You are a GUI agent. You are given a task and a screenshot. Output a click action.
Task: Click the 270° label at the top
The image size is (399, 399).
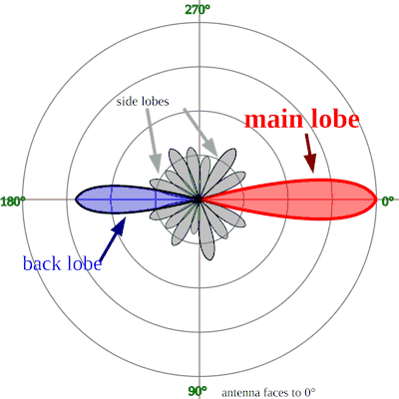point(198,9)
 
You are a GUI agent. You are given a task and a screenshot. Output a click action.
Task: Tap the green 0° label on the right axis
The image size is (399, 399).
point(388,200)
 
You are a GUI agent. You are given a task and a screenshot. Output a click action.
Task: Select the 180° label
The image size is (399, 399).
point(13,200)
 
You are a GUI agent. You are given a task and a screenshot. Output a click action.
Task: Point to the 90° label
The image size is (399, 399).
point(198,390)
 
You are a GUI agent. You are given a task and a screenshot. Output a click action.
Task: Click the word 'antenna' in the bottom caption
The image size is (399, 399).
point(242,392)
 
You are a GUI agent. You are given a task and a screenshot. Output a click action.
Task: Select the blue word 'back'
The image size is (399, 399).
point(43,263)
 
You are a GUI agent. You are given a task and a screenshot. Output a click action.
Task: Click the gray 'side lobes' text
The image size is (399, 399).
point(142,102)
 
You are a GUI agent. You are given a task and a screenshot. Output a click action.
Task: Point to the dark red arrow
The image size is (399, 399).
point(308,153)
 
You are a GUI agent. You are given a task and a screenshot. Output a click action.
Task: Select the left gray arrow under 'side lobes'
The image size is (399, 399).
point(153,139)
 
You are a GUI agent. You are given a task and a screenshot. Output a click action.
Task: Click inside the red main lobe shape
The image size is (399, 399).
point(309,199)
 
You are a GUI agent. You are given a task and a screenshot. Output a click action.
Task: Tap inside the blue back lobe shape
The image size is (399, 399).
point(115,199)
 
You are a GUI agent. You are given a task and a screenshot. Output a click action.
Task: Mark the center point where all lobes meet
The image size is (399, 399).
point(200,199)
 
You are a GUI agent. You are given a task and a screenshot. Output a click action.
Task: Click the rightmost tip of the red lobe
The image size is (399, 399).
point(375,199)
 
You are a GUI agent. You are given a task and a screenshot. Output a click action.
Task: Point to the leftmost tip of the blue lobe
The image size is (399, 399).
point(76,199)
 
